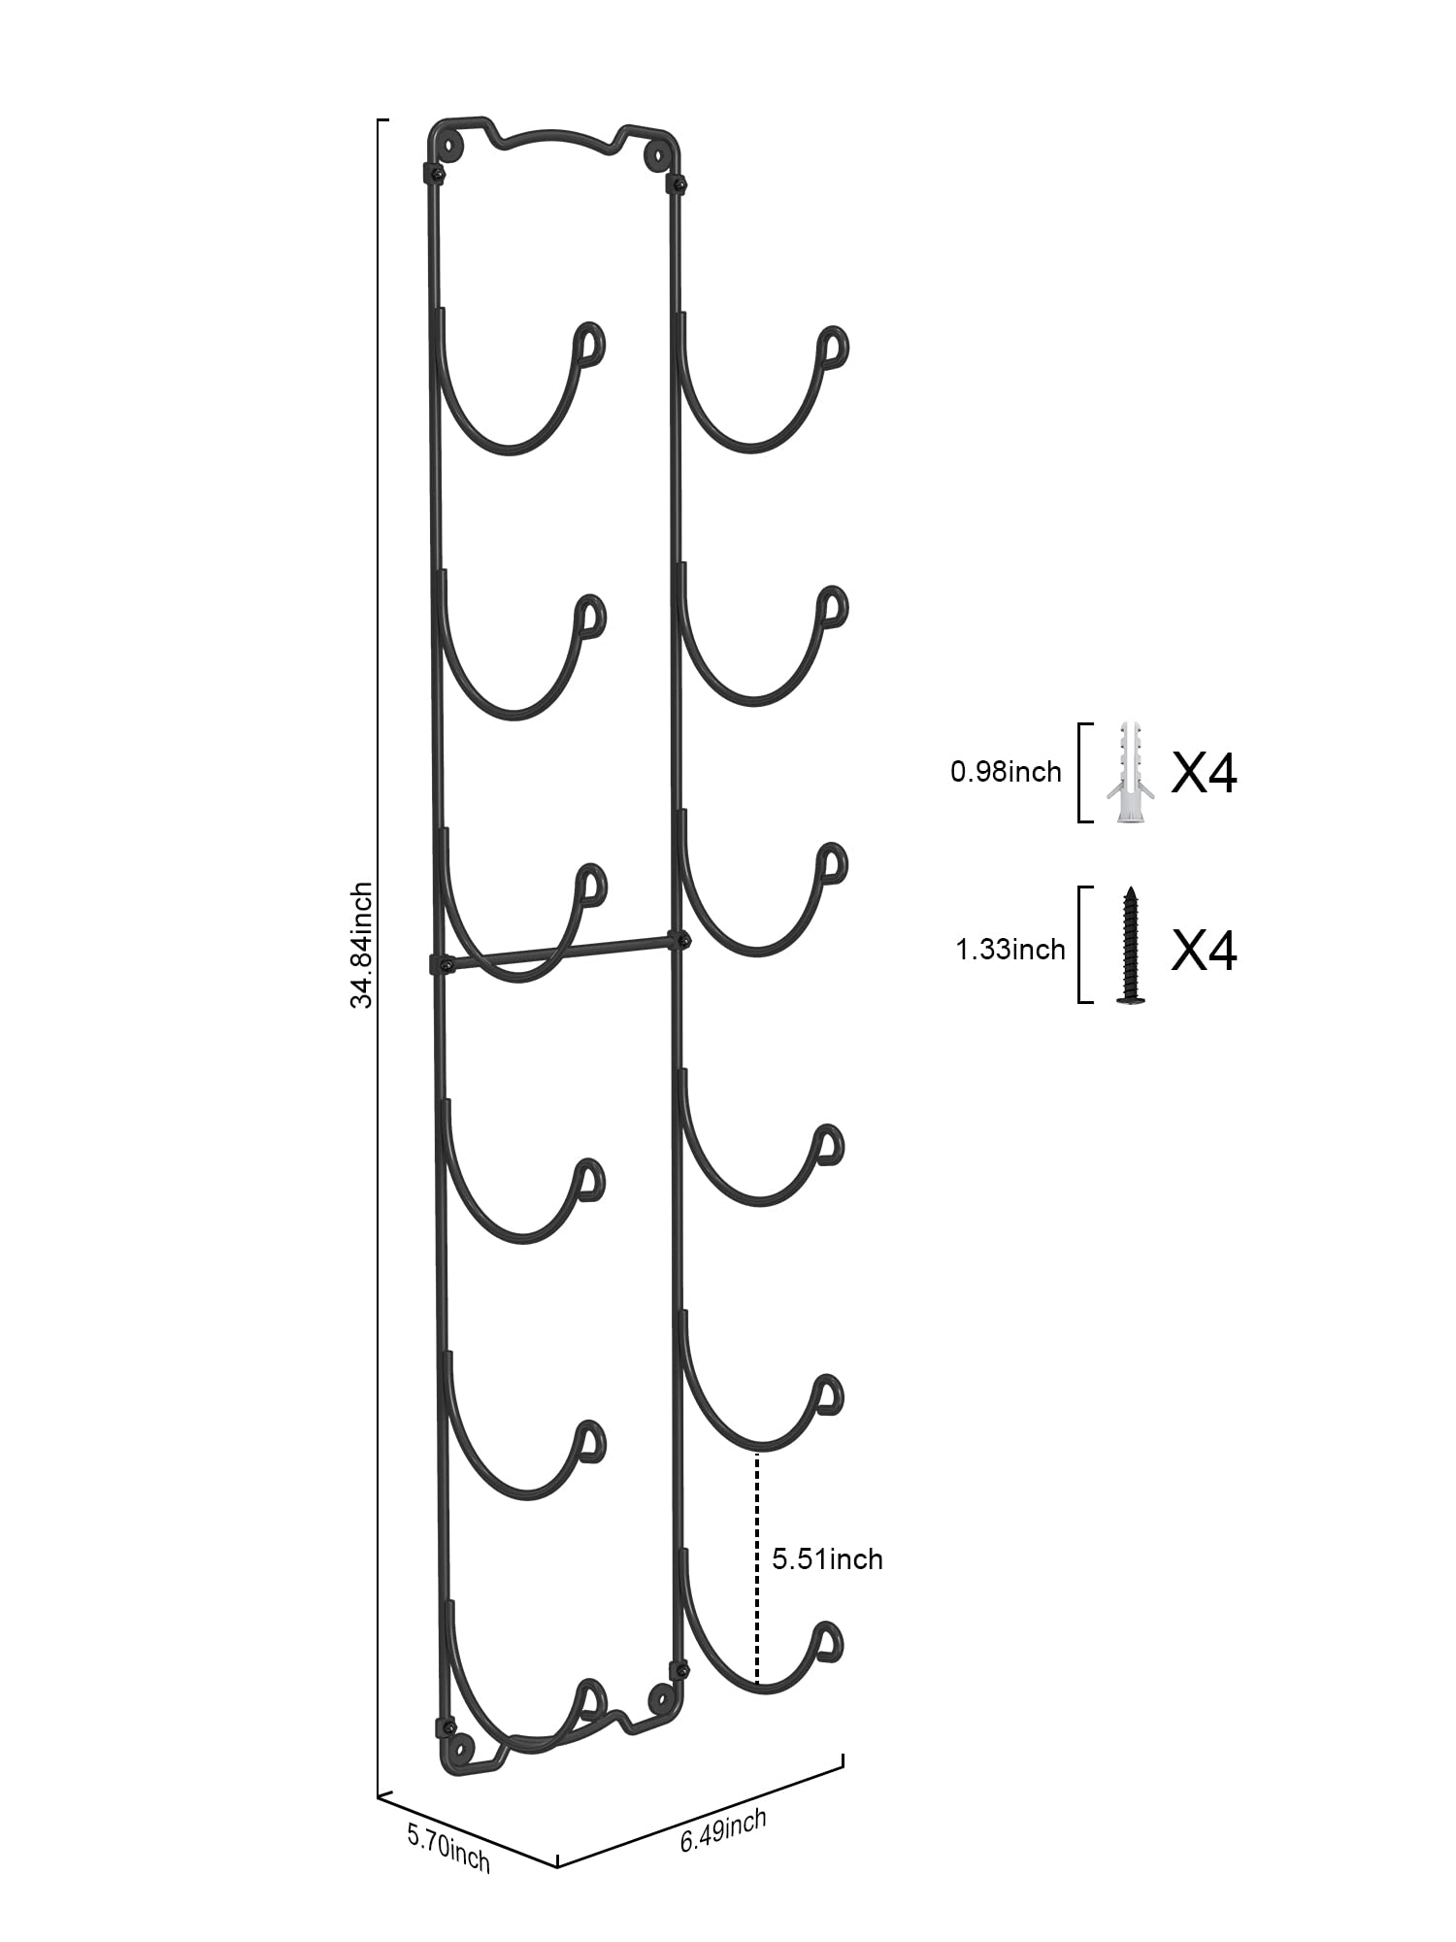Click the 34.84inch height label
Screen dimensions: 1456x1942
361,945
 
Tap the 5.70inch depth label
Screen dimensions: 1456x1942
448,1846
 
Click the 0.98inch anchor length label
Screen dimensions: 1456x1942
1006,772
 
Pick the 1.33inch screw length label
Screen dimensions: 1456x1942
1010,949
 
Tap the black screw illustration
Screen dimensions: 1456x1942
1130,944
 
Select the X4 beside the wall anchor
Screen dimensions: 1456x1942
1204,774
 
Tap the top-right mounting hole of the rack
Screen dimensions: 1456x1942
656,154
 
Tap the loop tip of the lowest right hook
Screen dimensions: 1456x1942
826,1640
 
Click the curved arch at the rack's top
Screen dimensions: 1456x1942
557,136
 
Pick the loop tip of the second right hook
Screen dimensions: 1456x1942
832,610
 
